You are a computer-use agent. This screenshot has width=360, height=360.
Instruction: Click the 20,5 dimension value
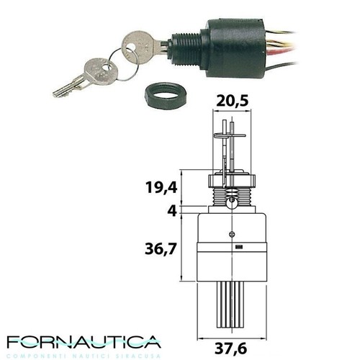click(232, 101)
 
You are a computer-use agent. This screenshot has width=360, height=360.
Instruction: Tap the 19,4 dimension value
click(161, 187)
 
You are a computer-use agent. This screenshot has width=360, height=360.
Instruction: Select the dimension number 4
click(172, 211)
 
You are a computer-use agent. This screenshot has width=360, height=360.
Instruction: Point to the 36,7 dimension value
click(161, 249)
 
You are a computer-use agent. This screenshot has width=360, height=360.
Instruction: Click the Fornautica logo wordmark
click(84, 342)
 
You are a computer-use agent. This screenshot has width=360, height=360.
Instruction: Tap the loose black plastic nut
click(166, 96)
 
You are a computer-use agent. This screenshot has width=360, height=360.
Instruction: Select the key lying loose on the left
click(84, 77)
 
